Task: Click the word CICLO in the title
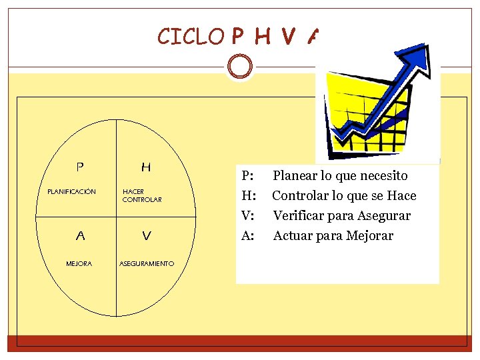point(191,36)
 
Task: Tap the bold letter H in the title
point(262,37)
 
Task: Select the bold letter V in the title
point(288,37)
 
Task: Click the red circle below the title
point(239,67)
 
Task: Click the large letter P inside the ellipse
point(80,166)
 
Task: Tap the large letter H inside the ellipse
point(146,167)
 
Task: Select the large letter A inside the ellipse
point(80,235)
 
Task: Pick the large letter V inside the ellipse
point(147,235)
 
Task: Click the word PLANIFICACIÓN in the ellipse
point(71,192)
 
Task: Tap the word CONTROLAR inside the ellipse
point(142,199)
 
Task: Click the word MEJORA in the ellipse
point(79,264)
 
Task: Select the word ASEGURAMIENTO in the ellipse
point(147,264)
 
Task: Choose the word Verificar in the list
point(298,216)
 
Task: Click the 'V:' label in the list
point(247,216)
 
